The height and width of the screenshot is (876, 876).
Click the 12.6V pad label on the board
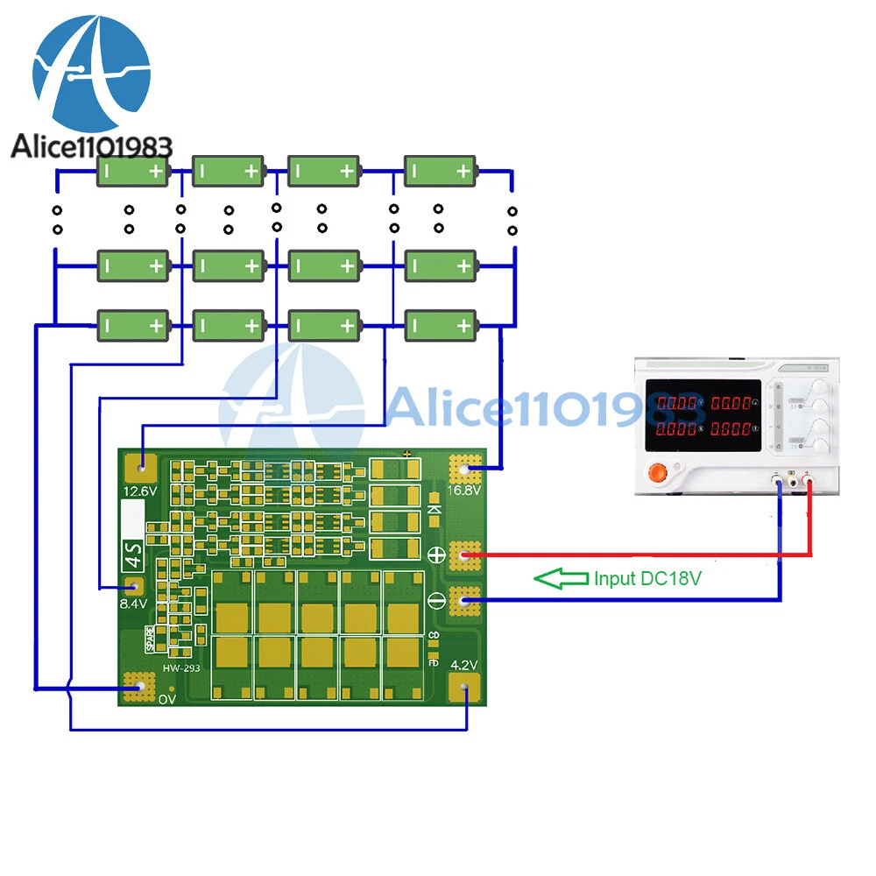point(140,491)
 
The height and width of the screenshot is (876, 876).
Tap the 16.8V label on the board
point(464,491)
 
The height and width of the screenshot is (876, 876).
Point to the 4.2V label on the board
point(463,665)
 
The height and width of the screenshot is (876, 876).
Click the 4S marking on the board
point(130,554)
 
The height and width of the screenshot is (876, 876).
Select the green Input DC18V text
point(648,578)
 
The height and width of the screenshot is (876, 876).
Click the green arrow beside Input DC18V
point(561,578)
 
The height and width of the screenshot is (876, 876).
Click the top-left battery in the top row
point(132,172)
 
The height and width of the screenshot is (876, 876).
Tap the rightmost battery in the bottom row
point(441,325)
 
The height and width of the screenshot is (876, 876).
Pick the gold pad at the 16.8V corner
point(465,470)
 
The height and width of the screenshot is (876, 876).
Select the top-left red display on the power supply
point(681,404)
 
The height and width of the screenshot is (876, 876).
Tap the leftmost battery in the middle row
point(132,265)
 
